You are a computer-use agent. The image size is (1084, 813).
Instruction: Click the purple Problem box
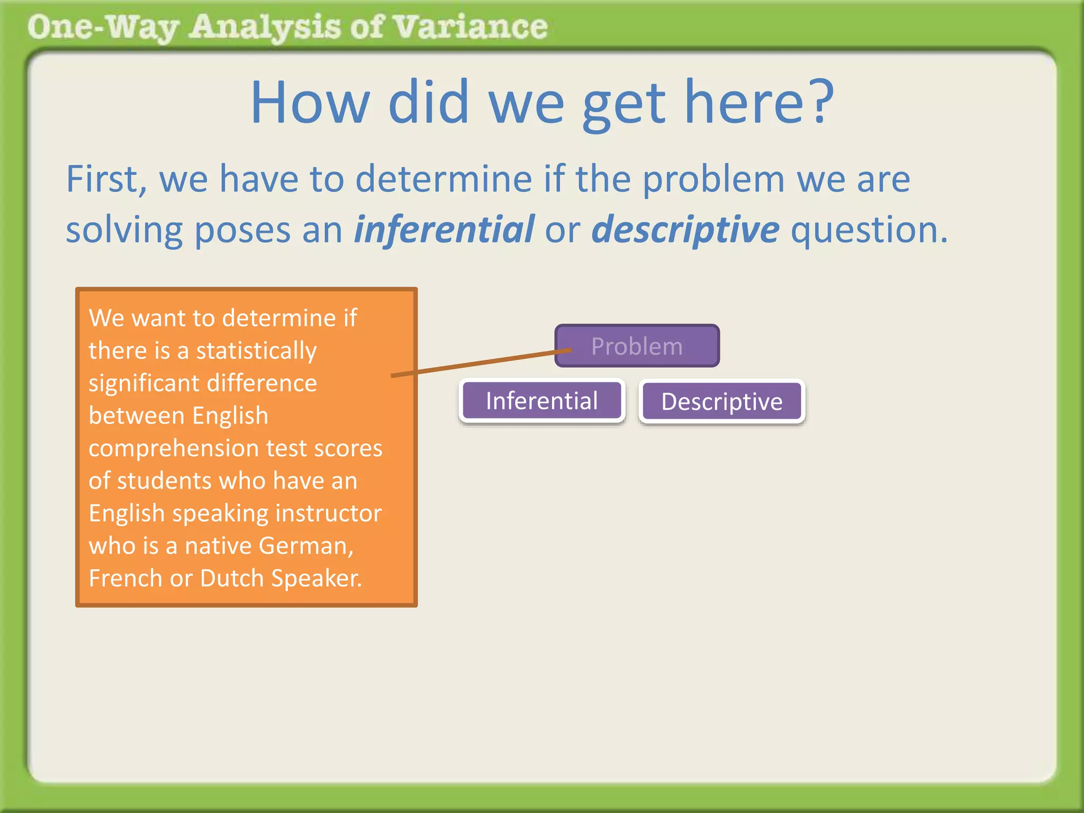pyautogui.click(x=637, y=346)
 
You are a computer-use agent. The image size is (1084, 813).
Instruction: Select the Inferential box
pyautogui.click(x=541, y=401)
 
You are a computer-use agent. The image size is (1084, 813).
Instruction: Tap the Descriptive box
pyautogui.click(x=721, y=401)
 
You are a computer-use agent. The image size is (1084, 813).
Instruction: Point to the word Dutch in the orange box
pyautogui.click(x=232, y=578)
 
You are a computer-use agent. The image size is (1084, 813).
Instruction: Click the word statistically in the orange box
pyautogui.click(x=256, y=350)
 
